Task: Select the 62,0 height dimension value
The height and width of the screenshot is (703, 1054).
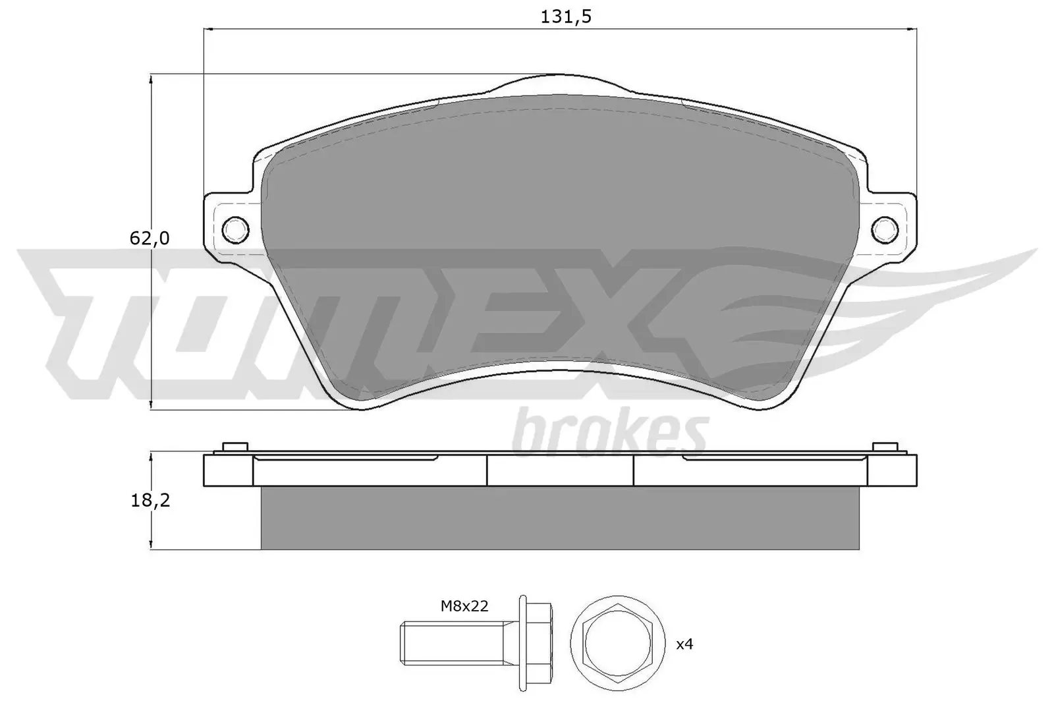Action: pos(149,238)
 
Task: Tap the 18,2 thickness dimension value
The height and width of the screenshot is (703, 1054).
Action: pos(150,500)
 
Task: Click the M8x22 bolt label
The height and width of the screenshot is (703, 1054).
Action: pos(464,606)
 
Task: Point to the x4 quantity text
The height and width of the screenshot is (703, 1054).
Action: pos(685,644)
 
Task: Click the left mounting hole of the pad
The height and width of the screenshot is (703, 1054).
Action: pos(236,229)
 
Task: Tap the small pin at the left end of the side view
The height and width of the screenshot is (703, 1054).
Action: pos(236,447)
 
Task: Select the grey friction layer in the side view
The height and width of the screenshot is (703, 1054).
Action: pos(560,518)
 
